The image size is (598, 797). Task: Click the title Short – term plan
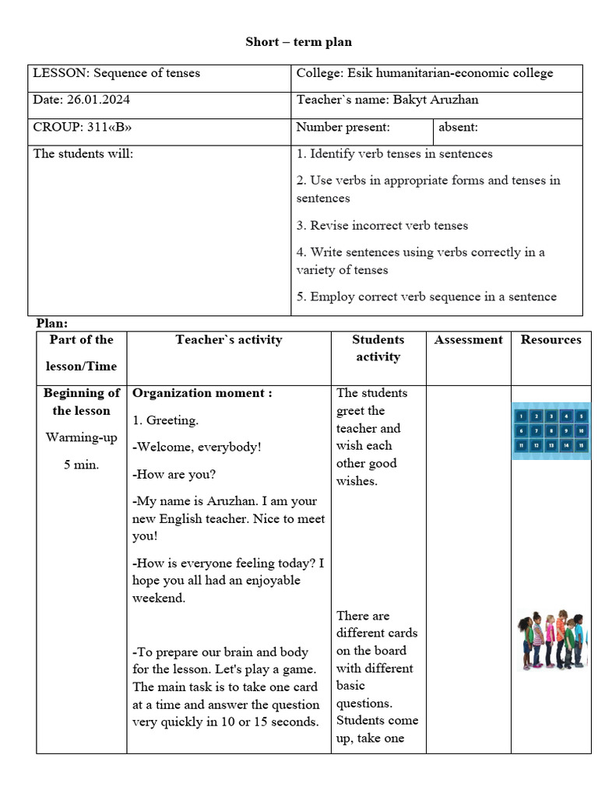pos(299,41)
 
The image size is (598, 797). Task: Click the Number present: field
pos(343,127)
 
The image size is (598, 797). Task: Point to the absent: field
pos(459,127)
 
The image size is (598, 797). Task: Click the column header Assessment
pos(468,339)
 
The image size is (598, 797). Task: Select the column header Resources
pos(551,339)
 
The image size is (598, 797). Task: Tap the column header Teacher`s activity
pos(228,339)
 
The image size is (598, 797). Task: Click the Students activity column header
pos(378,348)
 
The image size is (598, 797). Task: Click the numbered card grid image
pos(551,430)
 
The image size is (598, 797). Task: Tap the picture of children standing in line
pos(551,641)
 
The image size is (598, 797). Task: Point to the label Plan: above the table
pos(53,322)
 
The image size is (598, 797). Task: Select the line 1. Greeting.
pos(166,420)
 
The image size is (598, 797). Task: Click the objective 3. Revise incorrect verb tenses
pos(382,226)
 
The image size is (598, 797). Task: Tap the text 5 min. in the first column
pos(81,465)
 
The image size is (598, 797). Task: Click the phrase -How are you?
pos(174,474)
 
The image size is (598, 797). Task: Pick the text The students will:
pos(83,153)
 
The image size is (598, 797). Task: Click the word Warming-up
pos(81,437)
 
